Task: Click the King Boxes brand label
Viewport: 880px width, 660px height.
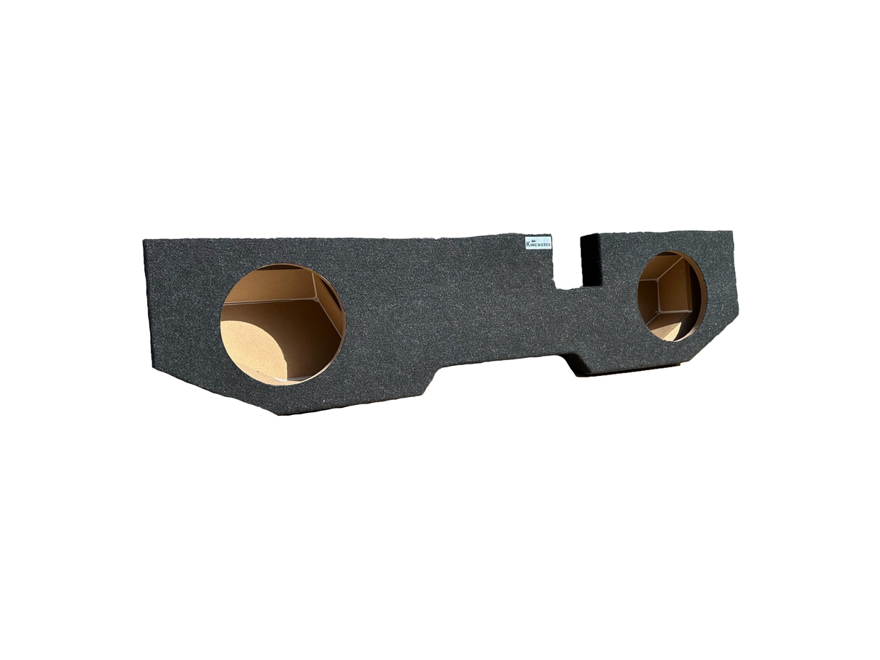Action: pos(538,243)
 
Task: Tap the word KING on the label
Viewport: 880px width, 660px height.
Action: pos(531,244)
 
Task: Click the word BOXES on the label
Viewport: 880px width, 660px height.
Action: pos(544,244)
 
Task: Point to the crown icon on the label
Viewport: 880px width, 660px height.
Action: pos(532,239)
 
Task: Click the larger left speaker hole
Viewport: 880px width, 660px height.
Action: pos(283,324)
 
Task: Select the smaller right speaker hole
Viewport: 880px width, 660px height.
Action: pos(672,296)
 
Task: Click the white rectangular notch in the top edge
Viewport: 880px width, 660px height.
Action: pos(567,262)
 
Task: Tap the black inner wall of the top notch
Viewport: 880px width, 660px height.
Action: pos(589,261)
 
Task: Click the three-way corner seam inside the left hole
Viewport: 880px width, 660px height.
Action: pos(315,298)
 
